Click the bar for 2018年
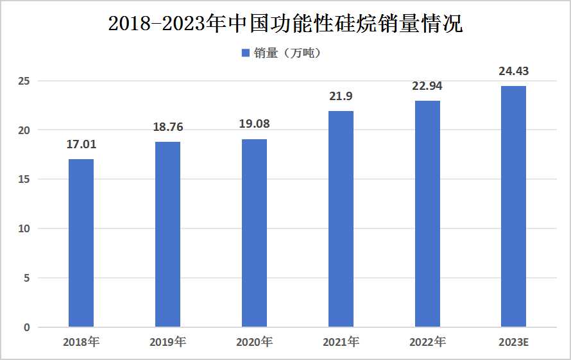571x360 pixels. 81,243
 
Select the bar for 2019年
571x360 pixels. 167,234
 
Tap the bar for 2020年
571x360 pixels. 254,233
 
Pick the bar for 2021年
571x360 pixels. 341,219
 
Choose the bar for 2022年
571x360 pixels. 427,214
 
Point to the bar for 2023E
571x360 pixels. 513,207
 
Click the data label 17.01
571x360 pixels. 81,144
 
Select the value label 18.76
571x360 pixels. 167,127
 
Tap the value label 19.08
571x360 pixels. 254,124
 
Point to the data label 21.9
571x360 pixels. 341,96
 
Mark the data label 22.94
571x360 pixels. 427,86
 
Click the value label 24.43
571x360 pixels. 513,71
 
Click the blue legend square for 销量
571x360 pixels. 245,53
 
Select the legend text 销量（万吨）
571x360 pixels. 287,53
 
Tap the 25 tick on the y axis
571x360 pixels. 24,81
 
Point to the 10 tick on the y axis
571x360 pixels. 24,228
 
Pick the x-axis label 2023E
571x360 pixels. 513,342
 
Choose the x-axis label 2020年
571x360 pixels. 254,342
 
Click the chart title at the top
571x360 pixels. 285,24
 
